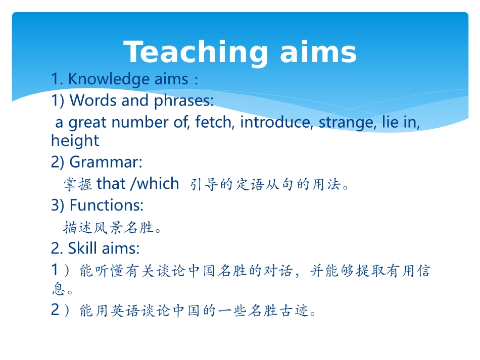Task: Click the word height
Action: click(75, 140)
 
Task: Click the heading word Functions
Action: click(107, 205)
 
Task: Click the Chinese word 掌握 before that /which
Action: click(78, 184)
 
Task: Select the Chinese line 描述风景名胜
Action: click(108, 228)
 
